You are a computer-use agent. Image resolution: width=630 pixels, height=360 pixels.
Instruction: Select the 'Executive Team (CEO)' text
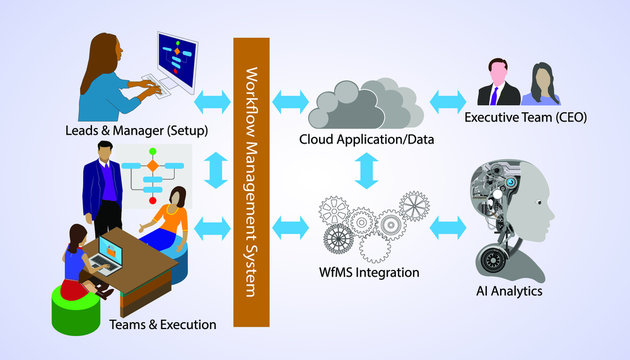[524, 118]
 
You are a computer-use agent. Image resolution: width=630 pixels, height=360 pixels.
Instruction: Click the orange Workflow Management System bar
[252, 180]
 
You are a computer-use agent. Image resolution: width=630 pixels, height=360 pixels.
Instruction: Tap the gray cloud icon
[366, 101]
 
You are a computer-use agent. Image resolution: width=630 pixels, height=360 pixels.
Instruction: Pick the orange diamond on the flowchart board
[152, 162]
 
